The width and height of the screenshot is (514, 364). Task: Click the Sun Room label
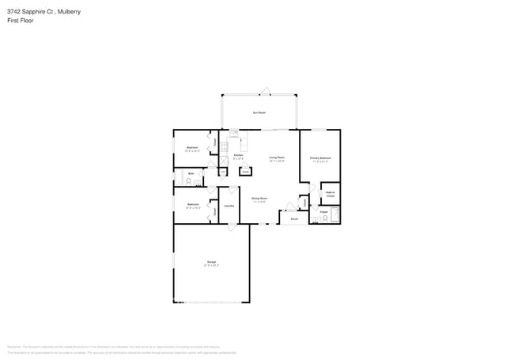(x=259, y=113)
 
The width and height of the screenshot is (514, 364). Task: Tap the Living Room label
(x=276, y=157)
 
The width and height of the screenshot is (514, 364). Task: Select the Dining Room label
(x=259, y=198)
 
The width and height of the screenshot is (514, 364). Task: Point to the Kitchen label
(x=238, y=155)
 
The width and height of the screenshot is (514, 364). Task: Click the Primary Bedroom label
(x=320, y=158)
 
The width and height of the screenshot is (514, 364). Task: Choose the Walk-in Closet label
(x=331, y=194)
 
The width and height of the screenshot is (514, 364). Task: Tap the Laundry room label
(x=229, y=206)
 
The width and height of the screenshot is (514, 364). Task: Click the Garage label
(x=211, y=262)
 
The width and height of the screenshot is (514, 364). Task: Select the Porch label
(x=294, y=218)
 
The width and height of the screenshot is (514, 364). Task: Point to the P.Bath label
(x=324, y=211)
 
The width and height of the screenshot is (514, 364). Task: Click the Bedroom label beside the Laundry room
(x=192, y=204)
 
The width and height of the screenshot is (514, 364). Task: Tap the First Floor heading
(x=21, y=21)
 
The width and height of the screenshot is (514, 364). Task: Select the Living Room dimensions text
(x=276, y=161)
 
